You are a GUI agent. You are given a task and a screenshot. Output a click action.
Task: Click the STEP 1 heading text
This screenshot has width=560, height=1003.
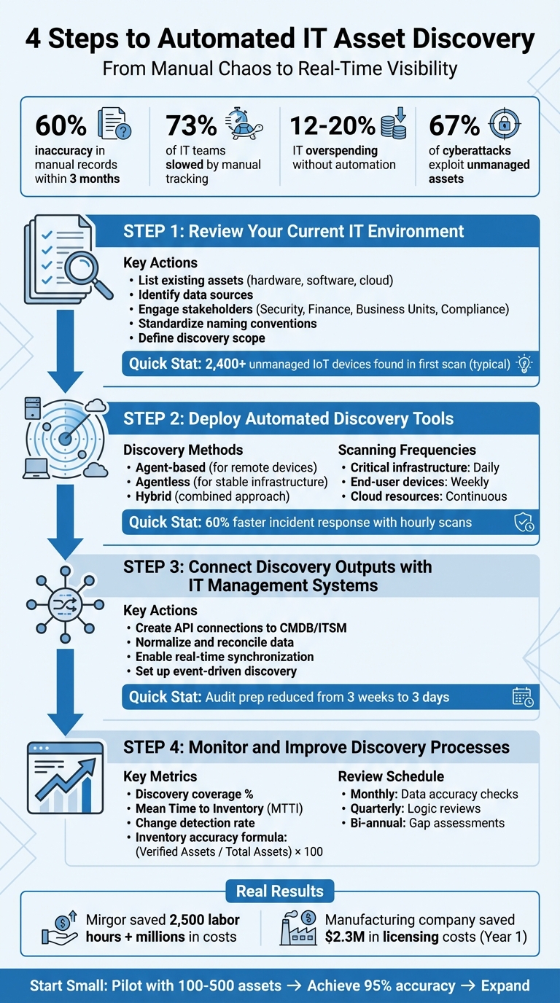(294, 232)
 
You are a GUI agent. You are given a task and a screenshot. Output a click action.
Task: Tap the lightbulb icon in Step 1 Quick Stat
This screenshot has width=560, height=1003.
(523, 363)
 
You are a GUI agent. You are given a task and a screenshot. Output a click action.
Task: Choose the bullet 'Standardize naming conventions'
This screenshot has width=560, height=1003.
(227, 323)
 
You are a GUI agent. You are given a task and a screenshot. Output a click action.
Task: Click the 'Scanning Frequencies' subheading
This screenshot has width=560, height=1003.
(407, 450)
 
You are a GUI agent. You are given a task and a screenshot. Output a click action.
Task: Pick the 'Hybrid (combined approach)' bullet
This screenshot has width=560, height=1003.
(212, 496)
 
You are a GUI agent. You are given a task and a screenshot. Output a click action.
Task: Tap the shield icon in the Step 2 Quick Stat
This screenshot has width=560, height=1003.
(524, 522)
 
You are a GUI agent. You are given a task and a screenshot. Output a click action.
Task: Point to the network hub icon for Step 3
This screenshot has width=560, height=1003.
(61, 604)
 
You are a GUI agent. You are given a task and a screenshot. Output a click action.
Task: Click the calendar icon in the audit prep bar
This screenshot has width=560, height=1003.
(523, 697)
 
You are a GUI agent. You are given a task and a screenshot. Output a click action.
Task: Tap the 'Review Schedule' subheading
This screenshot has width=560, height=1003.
(391, 776)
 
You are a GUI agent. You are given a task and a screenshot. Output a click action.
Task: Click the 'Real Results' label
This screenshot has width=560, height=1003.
(280, 891)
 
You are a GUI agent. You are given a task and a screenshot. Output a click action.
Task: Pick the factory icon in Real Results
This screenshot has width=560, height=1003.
(299, 928)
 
